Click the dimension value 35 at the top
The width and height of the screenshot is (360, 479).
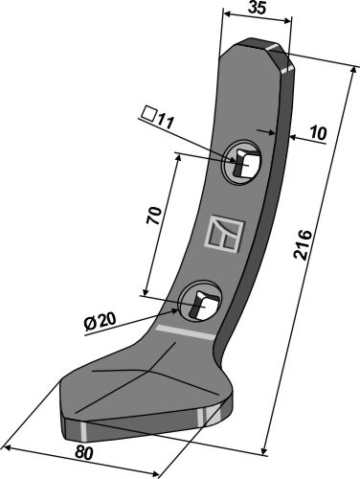point(257,8)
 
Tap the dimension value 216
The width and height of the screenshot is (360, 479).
point(303,244)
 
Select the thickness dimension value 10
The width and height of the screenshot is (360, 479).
point(318,133)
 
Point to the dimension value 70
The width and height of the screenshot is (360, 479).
point(154,216)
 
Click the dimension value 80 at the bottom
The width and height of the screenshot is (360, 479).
point(84,453)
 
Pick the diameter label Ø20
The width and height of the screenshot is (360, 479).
point(100,322)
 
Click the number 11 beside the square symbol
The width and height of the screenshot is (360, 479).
point(165,122)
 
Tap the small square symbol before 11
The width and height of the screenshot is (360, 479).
point(149,114)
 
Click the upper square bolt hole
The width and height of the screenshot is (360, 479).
point(242,163)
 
